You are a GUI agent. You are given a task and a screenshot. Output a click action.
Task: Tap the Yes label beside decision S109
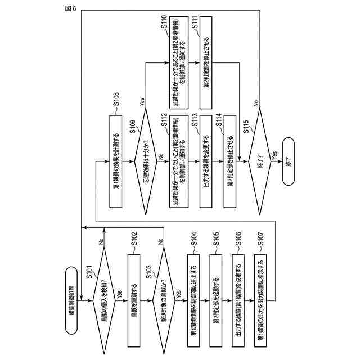pos(142,102)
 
